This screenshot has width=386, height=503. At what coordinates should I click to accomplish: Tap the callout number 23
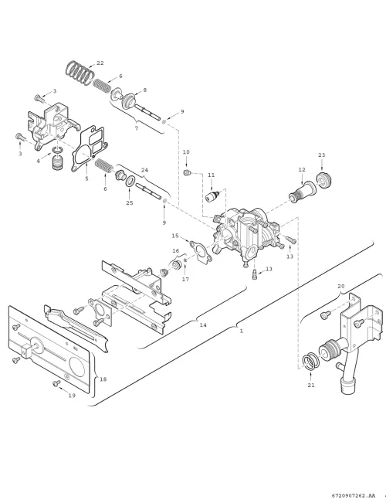pyautogui.click(x=322, y=155)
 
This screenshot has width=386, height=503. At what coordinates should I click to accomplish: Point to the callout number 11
pyautogui.click(x=211, y=175)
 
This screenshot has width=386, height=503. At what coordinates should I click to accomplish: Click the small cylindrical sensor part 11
pyautogui.click(x=213, y=195)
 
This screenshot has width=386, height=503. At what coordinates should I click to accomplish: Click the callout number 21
pyautogui.click(x=311, y=385)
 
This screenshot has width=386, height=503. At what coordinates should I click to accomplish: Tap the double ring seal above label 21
pyautogui.click(x=310, y=362)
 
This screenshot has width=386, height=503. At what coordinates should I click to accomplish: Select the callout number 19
pyautogui.click(x=72, y=396)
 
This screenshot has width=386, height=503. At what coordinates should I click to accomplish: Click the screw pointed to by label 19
pyautogui.click(x=56, y=383)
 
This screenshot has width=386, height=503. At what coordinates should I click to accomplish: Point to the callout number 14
pyautogui.click(x=203, y=325)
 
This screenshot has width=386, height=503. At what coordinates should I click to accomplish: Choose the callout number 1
pyautogui.click(x=242, y=331)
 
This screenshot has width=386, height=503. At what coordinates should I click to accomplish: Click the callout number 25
pyautogui.click(x=129, y=202)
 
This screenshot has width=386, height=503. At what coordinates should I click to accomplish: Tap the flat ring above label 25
pyautogui.click(x=130, y=182)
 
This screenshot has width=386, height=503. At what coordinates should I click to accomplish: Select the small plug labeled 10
pyautogui.click(x=187, y=173)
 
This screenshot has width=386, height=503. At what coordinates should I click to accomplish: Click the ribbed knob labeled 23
pyautogui.click(x=322, y=178)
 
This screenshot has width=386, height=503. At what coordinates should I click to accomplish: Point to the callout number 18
pyautogui.click(x=103, y=379)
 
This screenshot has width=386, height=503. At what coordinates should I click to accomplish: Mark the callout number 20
pyautogui.click(x=340, y=286)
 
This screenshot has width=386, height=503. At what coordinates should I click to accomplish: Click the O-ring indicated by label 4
pyautogui.click(x=58, y=150)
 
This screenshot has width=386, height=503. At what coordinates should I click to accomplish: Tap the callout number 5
pyautogui.click(x=86, y=178)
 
